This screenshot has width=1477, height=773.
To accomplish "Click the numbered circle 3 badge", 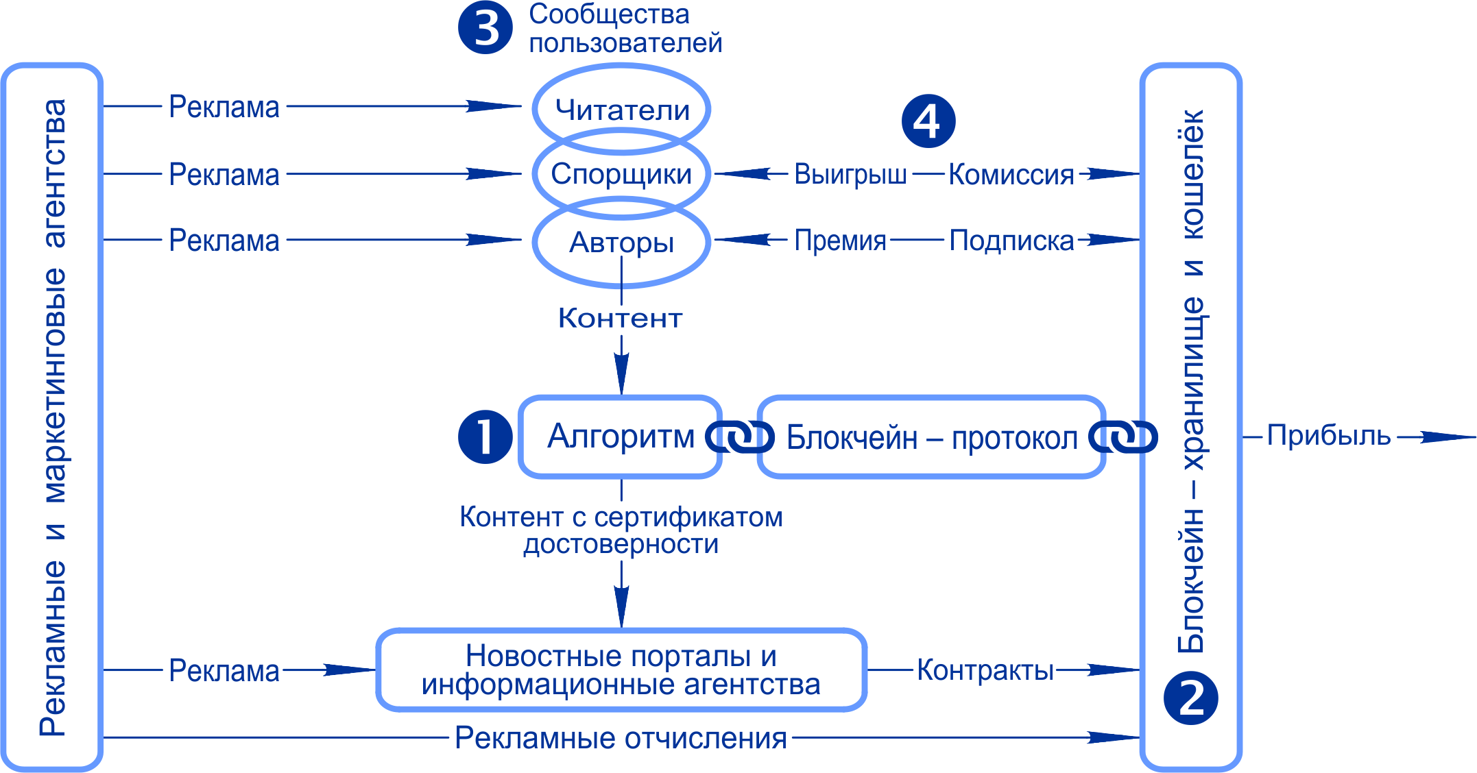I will (485, 27).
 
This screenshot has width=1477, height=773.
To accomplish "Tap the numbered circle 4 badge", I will (928, 121).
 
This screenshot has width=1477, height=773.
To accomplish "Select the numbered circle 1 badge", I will (485, 437).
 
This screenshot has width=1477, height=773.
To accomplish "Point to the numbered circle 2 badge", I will (1191, 698).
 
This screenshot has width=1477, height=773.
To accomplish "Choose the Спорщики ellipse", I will (621, 174).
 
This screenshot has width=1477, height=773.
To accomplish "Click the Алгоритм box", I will (620, 437).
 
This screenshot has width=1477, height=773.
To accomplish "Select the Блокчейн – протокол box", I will (931, 437).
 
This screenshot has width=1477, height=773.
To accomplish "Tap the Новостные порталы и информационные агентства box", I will (621, 670).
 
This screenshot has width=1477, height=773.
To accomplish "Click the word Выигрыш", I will (850, 175).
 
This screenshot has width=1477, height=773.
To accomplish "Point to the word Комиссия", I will (1011, 175).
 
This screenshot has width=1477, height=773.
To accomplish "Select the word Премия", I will (840, 241).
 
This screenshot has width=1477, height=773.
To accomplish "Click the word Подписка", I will (1011, 241).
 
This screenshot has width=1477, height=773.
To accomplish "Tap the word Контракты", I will (985, 670).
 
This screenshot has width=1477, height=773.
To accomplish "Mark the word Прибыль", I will (1328, 436).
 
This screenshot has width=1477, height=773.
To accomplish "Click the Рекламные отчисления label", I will (621, 738).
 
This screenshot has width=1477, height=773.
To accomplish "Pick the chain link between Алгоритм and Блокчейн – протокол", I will (740, 437).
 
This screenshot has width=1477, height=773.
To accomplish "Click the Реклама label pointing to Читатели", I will (224, 107).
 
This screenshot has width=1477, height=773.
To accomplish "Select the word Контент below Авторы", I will (621, 318).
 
